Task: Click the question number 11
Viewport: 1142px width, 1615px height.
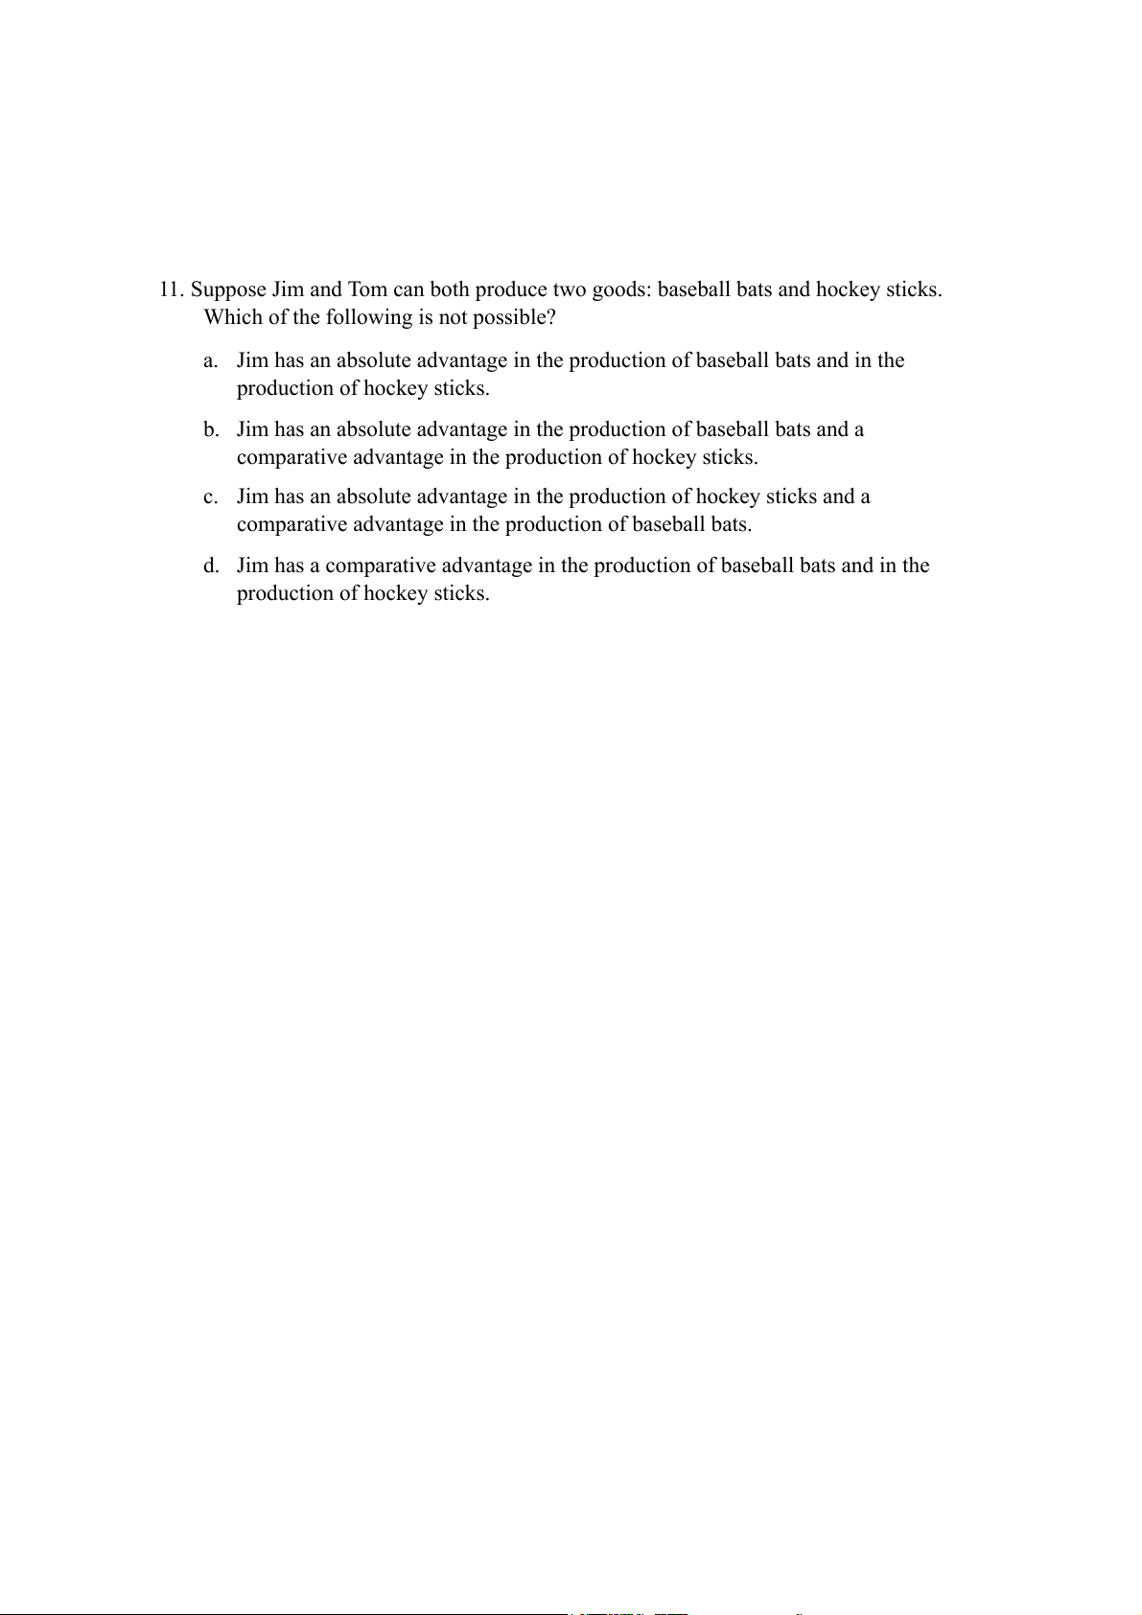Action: point(170,290)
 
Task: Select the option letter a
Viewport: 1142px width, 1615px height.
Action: point(210,361)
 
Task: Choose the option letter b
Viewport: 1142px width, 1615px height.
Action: point(210,430)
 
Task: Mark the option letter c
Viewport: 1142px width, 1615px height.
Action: point(210,497)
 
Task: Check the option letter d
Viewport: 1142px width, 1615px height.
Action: point(210,566)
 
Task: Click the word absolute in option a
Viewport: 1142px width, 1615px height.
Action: point(373,361)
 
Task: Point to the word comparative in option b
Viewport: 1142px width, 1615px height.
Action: point(291,458)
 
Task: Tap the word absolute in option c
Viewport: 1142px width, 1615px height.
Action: point(373,497)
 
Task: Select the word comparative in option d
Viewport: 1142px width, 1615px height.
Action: point(381,566)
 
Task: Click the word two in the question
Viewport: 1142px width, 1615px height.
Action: point(570,290)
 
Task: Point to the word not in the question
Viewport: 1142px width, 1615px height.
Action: point(452,317)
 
